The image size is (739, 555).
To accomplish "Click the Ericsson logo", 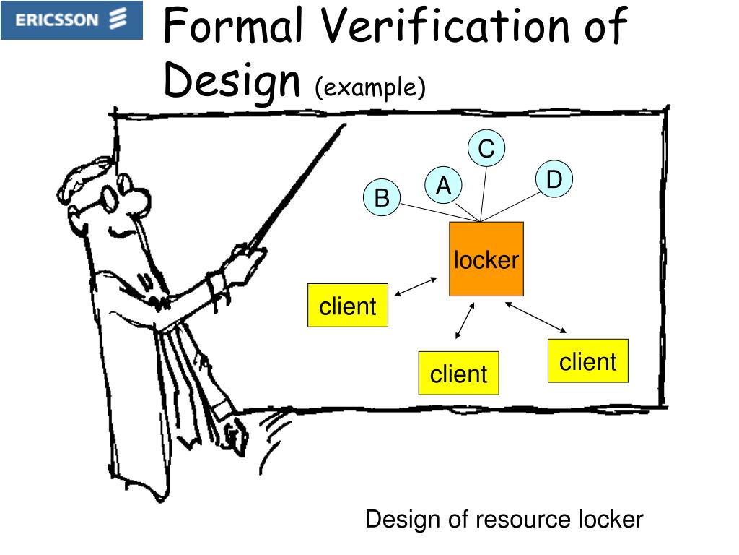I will (71, 20).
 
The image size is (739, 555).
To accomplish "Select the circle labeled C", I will (486, 149).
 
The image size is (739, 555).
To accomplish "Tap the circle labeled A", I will (443, 186).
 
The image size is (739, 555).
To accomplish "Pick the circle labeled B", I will (382, 197).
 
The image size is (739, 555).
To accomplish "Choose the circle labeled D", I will (554, 179).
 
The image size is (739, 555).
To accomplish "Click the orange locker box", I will (486, 259).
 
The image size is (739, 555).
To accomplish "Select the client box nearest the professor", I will (348, 306).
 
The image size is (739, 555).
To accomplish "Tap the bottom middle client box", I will (458, 373).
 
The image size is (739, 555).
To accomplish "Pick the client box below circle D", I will (588, 361).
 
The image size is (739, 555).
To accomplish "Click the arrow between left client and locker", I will (417, 286).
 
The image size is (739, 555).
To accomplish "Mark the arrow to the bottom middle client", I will (465, 321).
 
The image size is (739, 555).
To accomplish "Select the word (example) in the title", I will (370, 87).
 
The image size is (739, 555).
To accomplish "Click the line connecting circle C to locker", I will (484, 192).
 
